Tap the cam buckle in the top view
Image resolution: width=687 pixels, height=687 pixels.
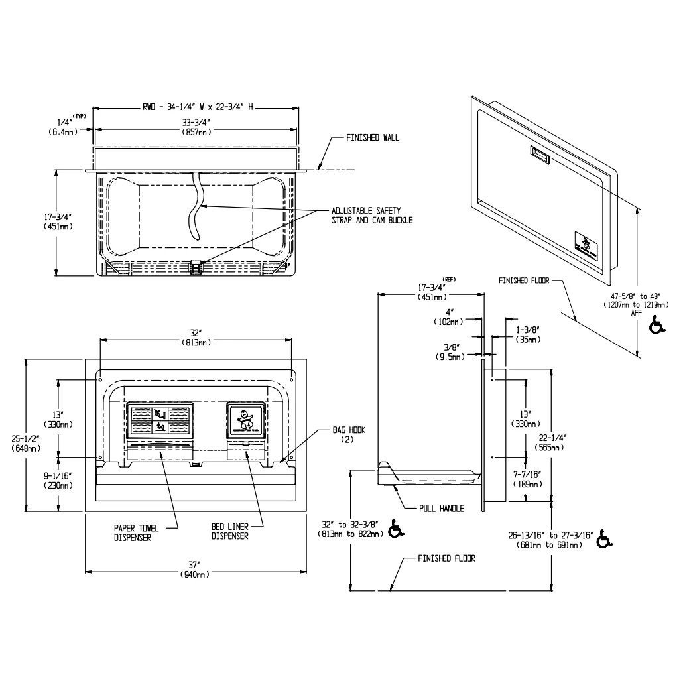pos(196,267)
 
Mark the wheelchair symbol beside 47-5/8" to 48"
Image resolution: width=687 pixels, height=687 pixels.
pos(656,326)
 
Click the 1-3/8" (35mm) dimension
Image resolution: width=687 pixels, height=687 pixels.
pos(529,334)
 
